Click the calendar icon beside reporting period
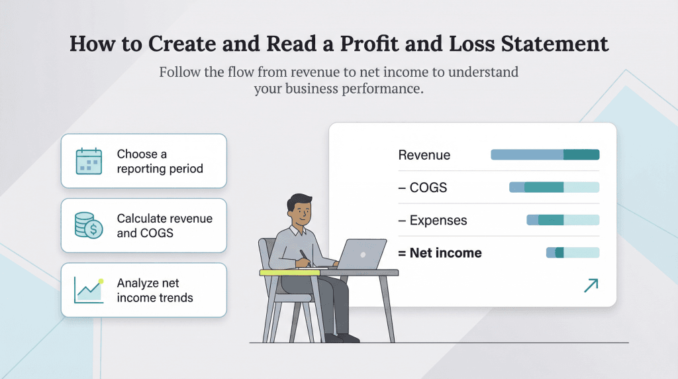[x=89, y=161]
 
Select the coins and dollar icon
[x=89, y=225]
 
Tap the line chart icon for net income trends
[x=89, y=290]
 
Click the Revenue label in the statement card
[x=424, y=155]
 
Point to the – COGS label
[x=422, y=188]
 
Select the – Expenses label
[x=432, y=220]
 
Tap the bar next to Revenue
[x=544, y=155]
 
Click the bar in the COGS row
[x=554, y=188]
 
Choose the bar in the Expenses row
[x=562, y=220]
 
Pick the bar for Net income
[x=572, y=252]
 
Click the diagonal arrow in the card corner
[x=590, y=285]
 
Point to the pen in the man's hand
[x=304, y=256]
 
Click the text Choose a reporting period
[x=160, y=161]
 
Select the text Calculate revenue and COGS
[x=164, y=225]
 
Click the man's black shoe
[x=347, y=338]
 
